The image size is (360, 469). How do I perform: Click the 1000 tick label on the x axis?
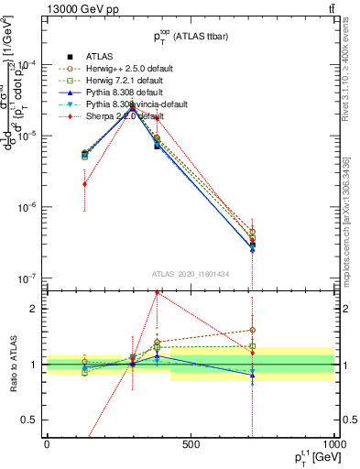pos(333,445)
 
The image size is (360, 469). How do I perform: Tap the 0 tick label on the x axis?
pos(47,445)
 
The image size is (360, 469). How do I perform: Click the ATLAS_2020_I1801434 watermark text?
pos(191,272)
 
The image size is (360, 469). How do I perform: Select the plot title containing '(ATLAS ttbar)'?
pos(191,38)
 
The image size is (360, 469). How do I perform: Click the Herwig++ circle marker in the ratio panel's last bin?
pos(252,330)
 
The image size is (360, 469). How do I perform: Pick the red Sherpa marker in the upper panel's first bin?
pos(84,184)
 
